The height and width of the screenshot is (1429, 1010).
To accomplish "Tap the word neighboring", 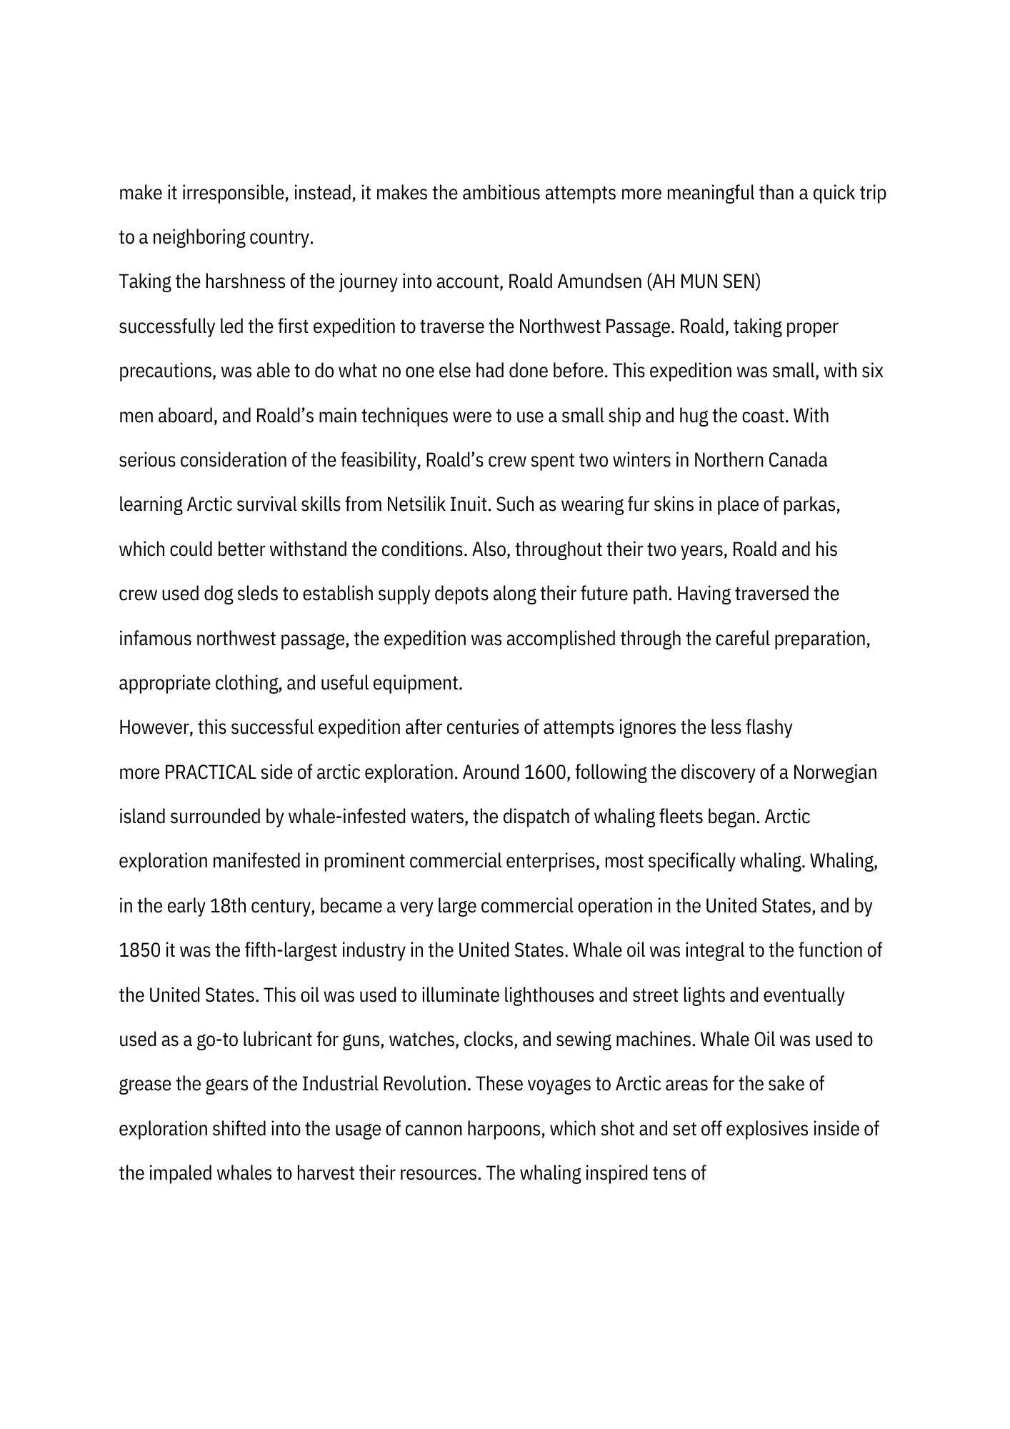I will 199,238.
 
